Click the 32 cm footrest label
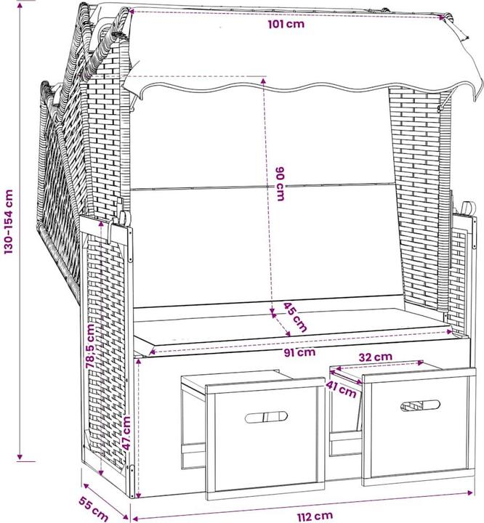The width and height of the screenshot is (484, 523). (x=375, y=357)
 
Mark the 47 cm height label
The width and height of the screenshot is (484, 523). (x=126, y=434)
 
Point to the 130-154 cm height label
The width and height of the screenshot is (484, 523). (x=9, y=222)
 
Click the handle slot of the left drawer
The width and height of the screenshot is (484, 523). (x=265, y=417)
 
